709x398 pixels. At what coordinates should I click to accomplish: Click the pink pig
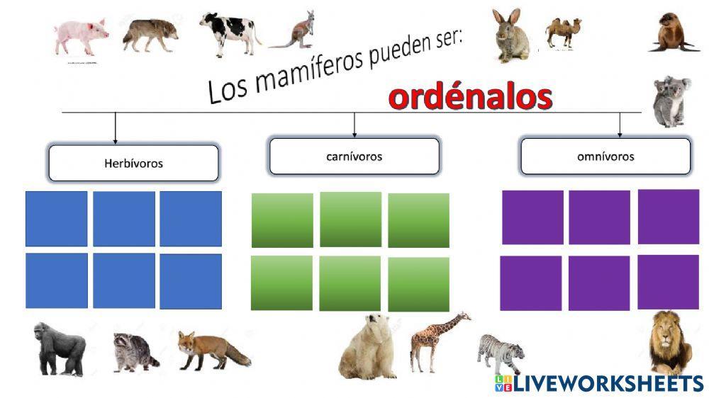tap(81, 36)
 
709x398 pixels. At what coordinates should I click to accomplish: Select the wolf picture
tap(150, 35)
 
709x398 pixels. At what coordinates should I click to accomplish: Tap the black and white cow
tap(229, 33)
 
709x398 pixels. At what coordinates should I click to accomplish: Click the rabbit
tap(511, 36)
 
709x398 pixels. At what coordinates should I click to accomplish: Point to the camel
tap(563, 32)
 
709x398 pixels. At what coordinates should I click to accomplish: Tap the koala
tap(671, 101)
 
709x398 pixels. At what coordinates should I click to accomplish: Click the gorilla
tap(60, 348)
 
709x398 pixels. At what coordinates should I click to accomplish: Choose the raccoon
tap(135, 351)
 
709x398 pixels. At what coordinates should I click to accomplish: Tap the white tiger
tap(501, 353)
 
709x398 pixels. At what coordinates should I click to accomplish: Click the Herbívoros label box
tap(133, 164)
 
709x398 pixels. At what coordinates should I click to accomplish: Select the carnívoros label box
tap(354, 157)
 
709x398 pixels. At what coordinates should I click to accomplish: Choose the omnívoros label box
tap(605, 157)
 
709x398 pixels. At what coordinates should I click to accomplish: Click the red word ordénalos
tap(470, 98)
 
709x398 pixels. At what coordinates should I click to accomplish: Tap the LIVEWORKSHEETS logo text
tap(607, 383)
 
